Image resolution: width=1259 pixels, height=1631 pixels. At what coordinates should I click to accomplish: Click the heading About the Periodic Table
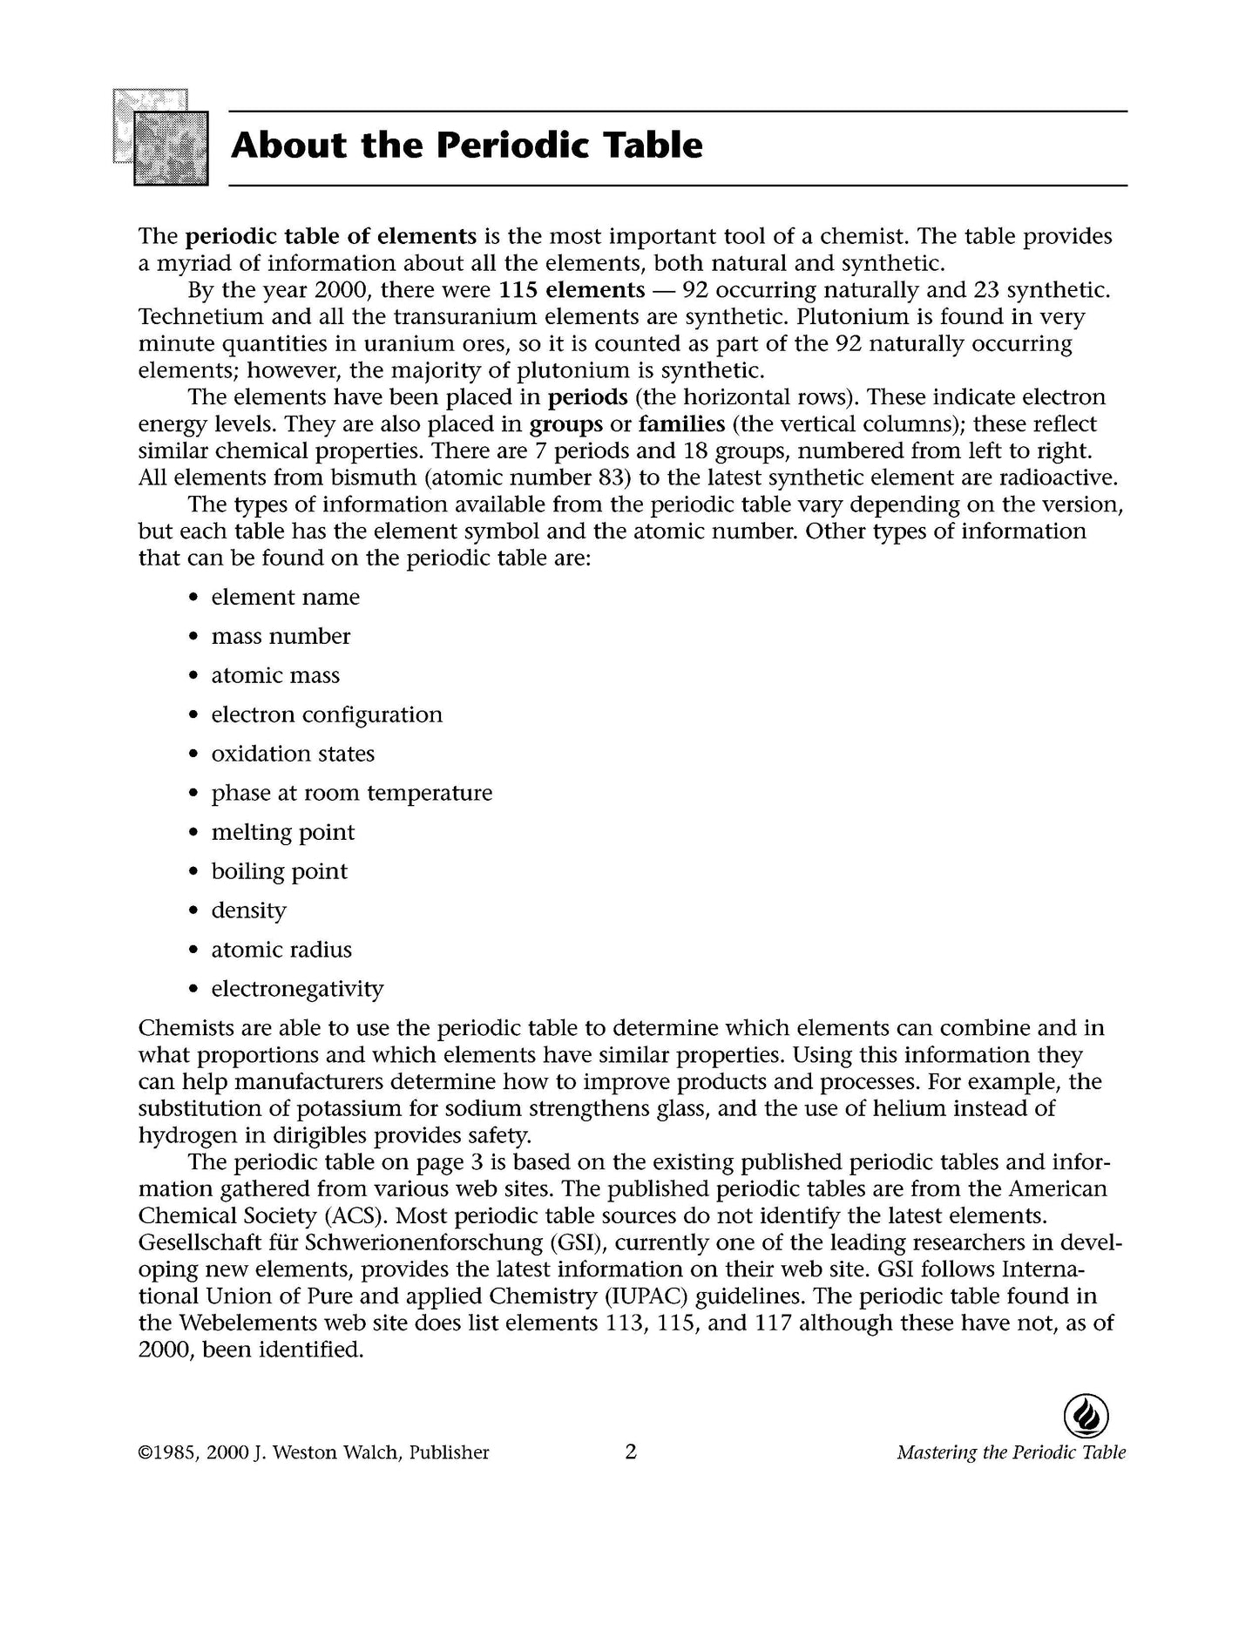[x=466, y=146]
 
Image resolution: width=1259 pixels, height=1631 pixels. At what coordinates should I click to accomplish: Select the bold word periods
[x=587, y=397]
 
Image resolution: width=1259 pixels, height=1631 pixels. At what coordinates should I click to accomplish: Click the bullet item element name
[x=285, y=598]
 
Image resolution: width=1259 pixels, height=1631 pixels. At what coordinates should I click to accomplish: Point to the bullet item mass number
[x=281, y=637]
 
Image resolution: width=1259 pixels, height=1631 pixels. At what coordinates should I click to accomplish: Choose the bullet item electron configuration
[x=327, y=715]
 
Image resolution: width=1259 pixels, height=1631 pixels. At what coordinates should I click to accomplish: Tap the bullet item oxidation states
[x=293, y=755]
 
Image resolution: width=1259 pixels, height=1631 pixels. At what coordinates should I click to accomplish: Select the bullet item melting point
[x=283, y=833]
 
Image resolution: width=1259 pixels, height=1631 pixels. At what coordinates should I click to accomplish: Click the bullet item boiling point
[x=279, y=872]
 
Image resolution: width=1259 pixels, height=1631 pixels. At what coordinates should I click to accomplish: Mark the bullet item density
[x=248, y=911]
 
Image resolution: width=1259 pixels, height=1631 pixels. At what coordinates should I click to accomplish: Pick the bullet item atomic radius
[x=281, y=951]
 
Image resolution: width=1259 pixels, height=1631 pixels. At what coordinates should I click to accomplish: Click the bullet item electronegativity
[x=297, y=990]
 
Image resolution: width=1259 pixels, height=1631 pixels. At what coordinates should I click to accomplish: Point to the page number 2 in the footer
[x=631, y=1452]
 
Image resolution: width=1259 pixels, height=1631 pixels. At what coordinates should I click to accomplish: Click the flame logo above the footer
[x=1086, y=1416]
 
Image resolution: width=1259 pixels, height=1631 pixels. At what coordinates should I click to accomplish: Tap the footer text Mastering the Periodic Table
[x=1011, y=1453]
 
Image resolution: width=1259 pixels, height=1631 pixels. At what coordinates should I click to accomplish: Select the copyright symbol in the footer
[x=146, y=1453]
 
